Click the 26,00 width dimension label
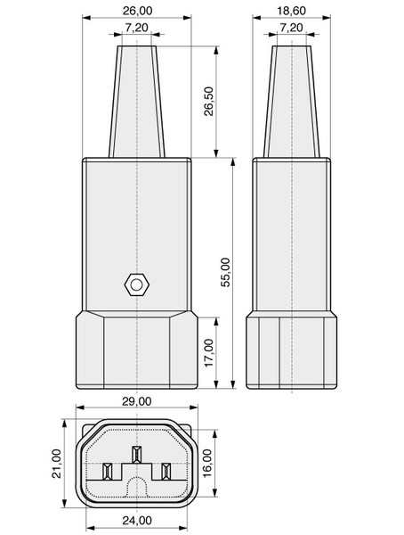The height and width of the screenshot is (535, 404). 137,11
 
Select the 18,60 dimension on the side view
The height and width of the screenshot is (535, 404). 291,11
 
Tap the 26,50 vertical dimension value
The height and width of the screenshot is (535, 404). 208,102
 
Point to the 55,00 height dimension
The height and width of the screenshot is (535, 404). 226,272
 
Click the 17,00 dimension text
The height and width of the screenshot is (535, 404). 209,352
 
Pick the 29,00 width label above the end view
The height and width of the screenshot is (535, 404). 137,401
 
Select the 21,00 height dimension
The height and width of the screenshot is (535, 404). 57,464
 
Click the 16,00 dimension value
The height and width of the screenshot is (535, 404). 206,464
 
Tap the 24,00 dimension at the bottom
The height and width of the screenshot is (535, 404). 137,521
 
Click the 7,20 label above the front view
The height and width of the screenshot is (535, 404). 137,28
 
